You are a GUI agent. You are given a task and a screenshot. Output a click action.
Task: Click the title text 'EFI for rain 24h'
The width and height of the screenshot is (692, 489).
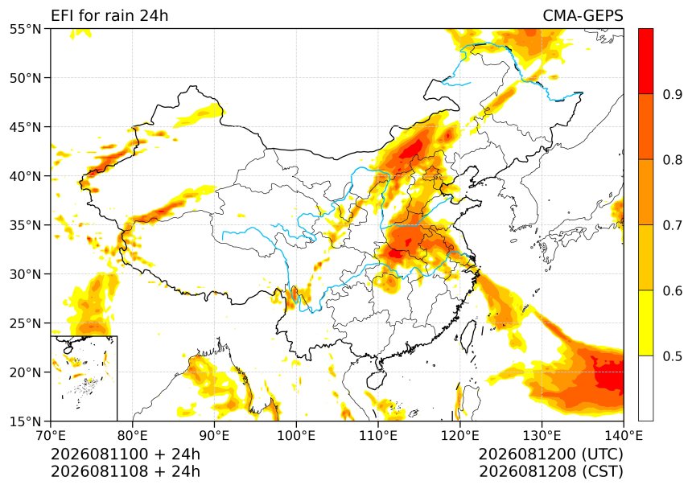coord(109,15)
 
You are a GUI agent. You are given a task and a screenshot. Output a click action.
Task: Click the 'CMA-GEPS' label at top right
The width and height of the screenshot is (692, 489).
coord(583,15)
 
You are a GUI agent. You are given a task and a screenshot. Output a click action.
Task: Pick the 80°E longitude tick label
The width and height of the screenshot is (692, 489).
coord(133,436)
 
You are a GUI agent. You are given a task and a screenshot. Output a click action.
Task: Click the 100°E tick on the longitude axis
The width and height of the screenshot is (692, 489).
coord(296,436)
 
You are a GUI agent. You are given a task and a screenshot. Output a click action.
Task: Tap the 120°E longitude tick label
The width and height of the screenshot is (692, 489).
coord(460,436)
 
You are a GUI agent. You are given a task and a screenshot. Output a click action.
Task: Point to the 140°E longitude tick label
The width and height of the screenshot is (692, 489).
coord(624,436)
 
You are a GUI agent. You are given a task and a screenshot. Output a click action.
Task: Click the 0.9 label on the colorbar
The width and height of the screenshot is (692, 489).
coord(673,94)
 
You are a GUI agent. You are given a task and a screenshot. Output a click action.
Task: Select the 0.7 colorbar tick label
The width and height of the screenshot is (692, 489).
coord(673,225)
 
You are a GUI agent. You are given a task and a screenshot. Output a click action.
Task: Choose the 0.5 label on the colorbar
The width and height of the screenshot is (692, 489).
coord(673,355)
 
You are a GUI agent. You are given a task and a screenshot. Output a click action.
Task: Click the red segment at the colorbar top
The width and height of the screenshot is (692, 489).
coord(645,61)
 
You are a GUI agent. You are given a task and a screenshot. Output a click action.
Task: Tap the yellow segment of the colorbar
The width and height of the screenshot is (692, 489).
coord(645,323)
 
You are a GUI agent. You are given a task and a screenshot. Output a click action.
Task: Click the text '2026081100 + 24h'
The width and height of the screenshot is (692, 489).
coord(126,454)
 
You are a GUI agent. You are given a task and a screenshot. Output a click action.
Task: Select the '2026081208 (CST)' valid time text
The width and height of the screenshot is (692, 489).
coord(550,471)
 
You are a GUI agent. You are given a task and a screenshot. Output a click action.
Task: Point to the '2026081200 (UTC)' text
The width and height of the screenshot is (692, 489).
coord(550,454)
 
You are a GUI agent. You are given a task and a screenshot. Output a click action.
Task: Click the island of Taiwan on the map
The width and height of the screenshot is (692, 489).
coord(468,335)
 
